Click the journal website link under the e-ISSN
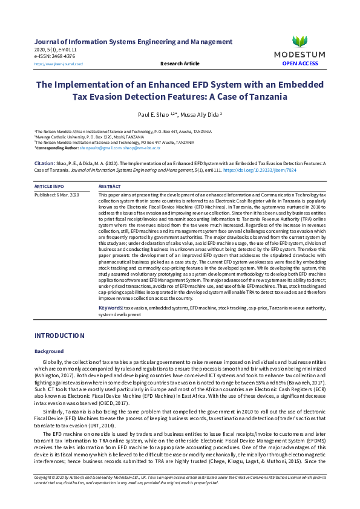point(58,63)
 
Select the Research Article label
point(180,63)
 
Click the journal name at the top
point(133,42)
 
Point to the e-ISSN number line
point(55,56)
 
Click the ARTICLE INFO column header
point(49,187)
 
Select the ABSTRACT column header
point(110,187)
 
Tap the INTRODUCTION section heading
point(59,336)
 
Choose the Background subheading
point(49,351)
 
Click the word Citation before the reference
point(45,163)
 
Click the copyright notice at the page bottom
point(180,497)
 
